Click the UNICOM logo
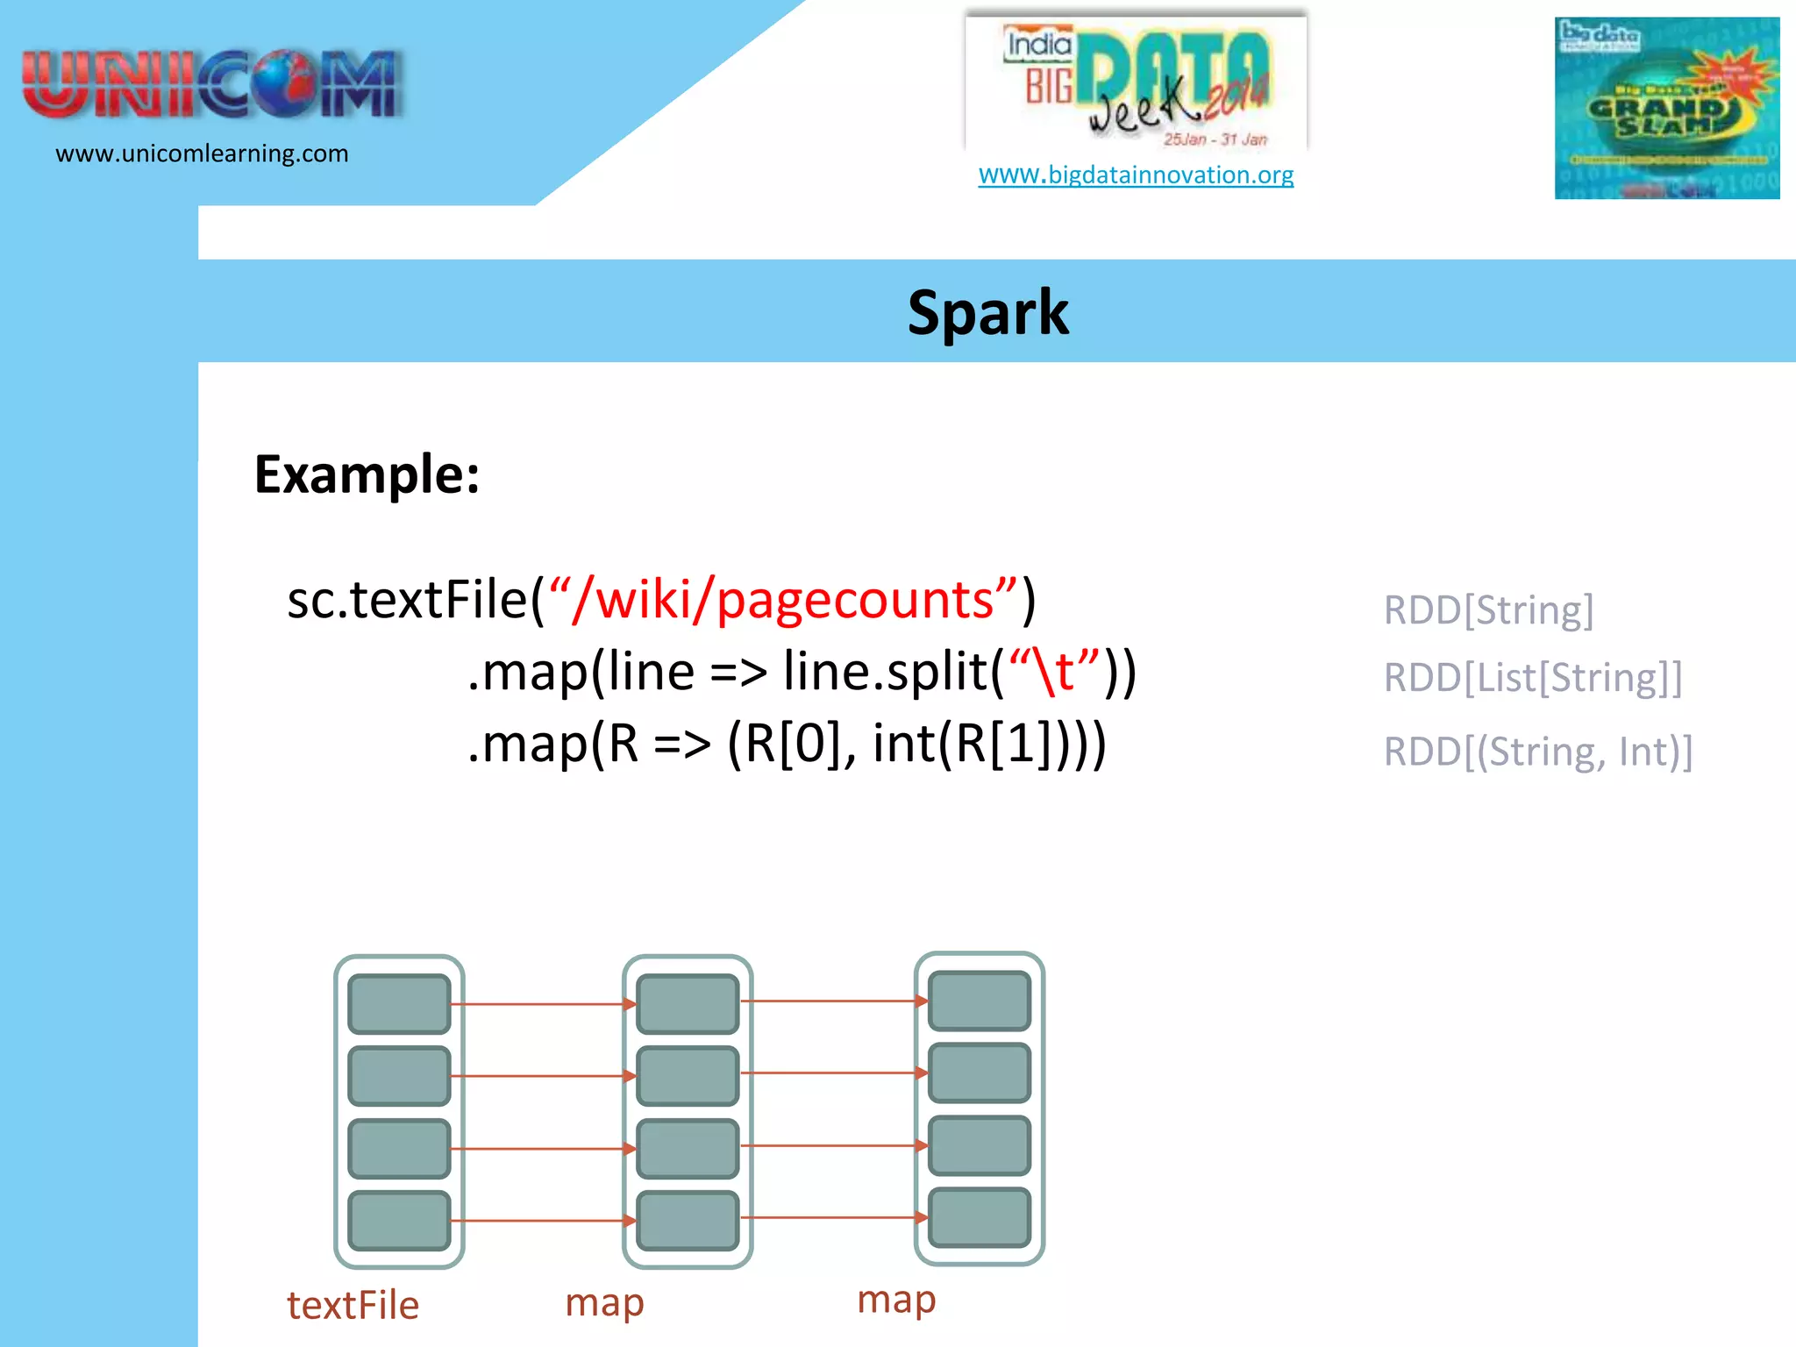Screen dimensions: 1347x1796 coord(212,84)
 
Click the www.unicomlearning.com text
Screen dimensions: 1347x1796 coord(202,153)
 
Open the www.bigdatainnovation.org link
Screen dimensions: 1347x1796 coord(1136,175)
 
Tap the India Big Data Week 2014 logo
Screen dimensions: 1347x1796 coord(1136,83)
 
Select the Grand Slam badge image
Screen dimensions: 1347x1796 coord(1666,108)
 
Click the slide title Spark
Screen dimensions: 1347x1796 coord(987,313)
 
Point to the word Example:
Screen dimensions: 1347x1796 coord(367,474)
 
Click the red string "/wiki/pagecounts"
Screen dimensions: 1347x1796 coord(783,600)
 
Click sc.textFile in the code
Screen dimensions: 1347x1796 coord(407,600)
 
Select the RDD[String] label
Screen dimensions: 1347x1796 coord(1488,609)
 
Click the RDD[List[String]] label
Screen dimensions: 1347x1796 coord(1533,677)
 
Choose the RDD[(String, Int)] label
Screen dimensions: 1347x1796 coord(1538,752)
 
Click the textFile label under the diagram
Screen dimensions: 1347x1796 coord(353,1305)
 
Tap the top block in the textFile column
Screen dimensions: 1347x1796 coord(399,1003)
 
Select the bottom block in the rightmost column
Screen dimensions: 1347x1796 coord(979,1217)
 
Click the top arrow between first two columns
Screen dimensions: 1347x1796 coord(544,1004)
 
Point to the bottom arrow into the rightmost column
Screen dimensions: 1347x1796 coord(833,1217)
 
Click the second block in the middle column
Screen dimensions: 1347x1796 coord(688,1075)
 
